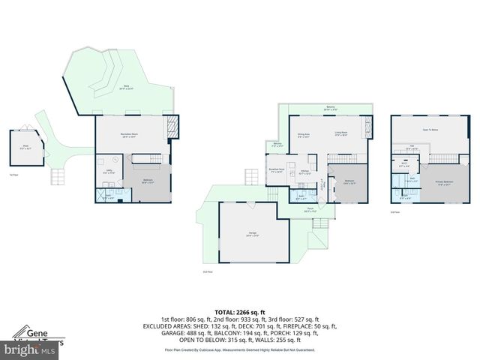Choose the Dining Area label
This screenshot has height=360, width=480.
click(304, 135)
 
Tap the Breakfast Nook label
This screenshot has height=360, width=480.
click(275, 170)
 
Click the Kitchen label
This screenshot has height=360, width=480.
click(305, 172)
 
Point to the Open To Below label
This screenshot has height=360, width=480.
click(430, 130)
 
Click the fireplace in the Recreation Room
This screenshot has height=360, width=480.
click(173, 127)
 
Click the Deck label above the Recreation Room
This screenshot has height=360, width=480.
click(126, 88)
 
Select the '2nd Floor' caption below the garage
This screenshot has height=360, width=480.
click(208, 271)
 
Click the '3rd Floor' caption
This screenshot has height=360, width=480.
click(394, 213)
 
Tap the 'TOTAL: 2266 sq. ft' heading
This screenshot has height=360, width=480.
click(240, 311)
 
